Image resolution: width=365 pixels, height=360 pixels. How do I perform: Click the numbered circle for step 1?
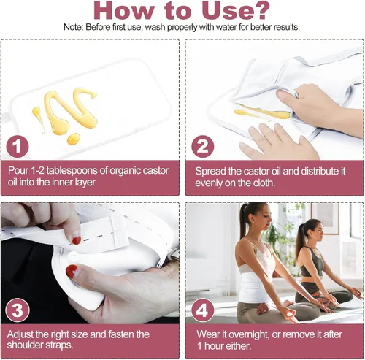(x=18, y=147)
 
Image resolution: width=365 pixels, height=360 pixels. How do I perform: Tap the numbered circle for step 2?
(x=202, y=147)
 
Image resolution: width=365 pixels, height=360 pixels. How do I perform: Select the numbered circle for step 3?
(x=18, y=310)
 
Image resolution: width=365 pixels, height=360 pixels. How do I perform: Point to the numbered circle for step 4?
(x=202, y=310)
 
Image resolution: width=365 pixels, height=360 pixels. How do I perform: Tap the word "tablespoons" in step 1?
(x=72, y=171)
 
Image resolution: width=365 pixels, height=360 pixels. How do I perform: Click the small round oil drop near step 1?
(x=74, y=139)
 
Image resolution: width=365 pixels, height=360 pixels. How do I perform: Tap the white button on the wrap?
(x=73, y=257)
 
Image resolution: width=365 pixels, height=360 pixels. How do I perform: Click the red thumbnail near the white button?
(x=72, y=272)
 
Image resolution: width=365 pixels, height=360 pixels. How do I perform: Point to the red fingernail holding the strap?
(x=77, y=240)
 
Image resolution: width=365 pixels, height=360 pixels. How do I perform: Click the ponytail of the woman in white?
(x=243, y=221)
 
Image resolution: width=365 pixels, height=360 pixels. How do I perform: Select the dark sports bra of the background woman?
(x=312, y=263)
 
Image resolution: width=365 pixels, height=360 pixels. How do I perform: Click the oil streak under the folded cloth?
(x=262, y=112)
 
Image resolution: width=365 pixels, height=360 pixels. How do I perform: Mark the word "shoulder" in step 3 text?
(x=23, y=345)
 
